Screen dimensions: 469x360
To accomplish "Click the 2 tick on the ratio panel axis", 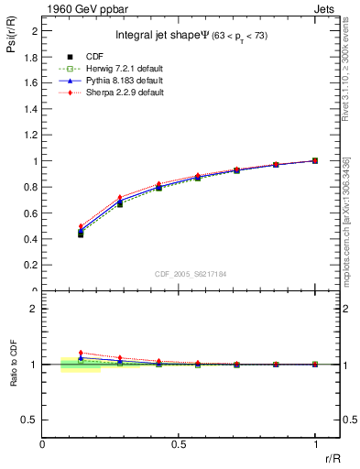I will pyautogui.click(x=34, y=309).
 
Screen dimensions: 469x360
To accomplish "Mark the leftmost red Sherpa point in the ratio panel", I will pyautogui.click(x=81, y=353).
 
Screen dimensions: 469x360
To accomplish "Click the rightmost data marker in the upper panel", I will pyautogui.click(x=315, y=160).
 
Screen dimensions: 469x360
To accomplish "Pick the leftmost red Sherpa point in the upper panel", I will pyautogui.click(x=81, y=226).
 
